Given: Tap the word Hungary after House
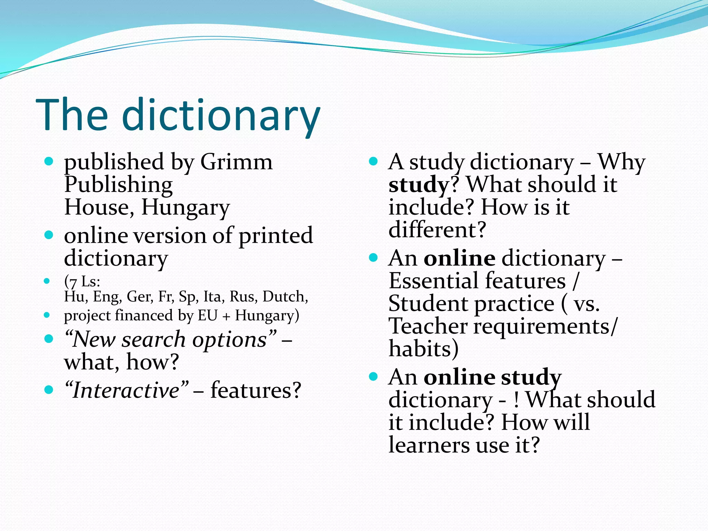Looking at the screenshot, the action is pos(186,208).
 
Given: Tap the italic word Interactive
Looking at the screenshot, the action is pos(126,390).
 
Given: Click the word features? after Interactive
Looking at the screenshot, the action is pos(256,390).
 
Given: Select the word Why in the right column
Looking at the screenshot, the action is pos(621,162).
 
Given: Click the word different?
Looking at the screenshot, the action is pos(437,230).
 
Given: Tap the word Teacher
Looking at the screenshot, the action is pos(428,326).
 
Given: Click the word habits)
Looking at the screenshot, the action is pos(424,348).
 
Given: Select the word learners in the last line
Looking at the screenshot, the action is pos(429,445).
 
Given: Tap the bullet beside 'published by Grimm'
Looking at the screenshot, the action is pos(49,161).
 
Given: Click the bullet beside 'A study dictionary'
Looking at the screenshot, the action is pos(373,161).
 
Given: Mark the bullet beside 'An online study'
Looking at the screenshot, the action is pos(373,376).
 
